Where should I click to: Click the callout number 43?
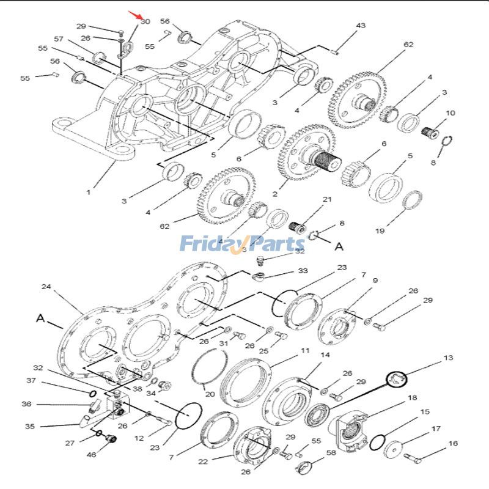(x=361, y=26)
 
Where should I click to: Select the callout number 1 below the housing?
(x=88, y=192)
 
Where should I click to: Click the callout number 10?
(x=450, y=114)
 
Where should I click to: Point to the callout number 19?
(x=380, y=231)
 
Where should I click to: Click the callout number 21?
(x=327, y=200)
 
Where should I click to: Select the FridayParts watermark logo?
(x=251, y=244)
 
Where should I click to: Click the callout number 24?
(x=45, y=286)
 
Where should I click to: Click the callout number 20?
(x=209, y=394)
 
